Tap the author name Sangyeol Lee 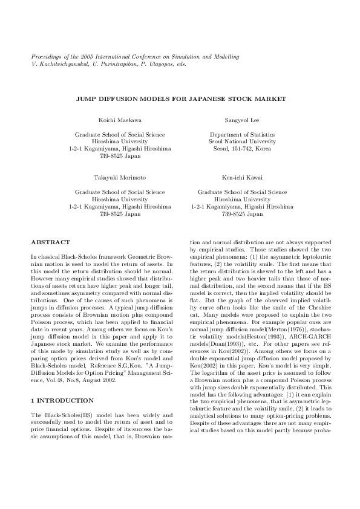coord(234,121)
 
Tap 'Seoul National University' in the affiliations coord(234,141)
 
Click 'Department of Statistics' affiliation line coord(234,134)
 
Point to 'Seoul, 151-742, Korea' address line coord(234,148)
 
